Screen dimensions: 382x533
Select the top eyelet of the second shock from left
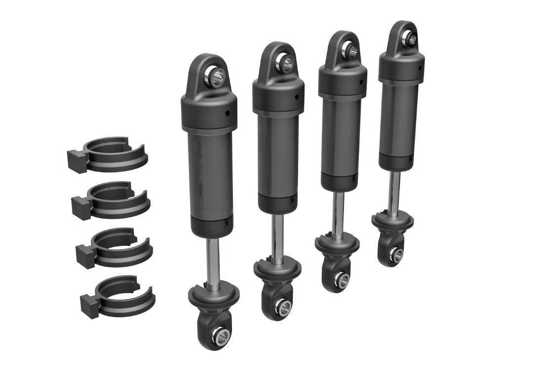[286, 62]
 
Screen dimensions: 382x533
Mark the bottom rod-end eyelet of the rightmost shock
[396, 254]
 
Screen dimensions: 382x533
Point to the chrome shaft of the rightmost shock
[394, 191]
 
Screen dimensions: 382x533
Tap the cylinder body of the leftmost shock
[211, 178]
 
